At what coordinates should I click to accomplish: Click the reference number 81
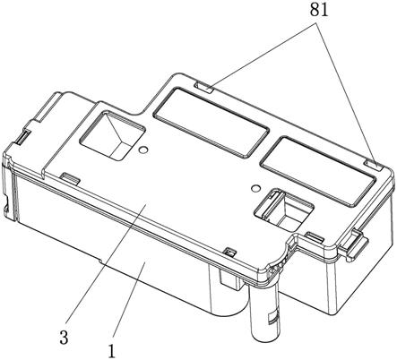[319, 10]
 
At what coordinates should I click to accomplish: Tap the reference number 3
[64, 338]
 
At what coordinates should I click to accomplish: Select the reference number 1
[111, 351]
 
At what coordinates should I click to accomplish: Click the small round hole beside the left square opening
[143, 150]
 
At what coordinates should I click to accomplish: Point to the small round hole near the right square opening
[255, 188]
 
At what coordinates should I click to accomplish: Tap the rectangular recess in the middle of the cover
[211, 122]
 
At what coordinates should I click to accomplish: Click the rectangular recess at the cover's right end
[317, 171]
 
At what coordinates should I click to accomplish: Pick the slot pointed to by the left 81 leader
[203, 87]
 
